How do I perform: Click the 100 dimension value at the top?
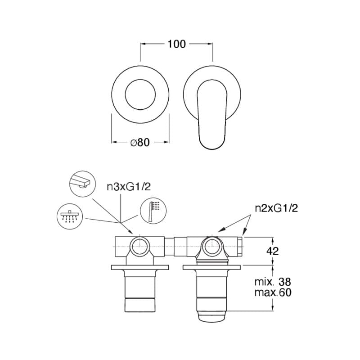coord(176,44)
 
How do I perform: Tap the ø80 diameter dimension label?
coord(140,142)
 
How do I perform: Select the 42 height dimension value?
coord(273,251)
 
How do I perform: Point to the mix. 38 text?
coord(273,282)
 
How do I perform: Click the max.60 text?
coord(273,292)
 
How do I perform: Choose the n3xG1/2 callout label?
coord(129,187)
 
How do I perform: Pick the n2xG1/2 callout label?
coord(276,208)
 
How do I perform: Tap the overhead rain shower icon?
coord(70,216)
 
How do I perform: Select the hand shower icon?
coord(153,210)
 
